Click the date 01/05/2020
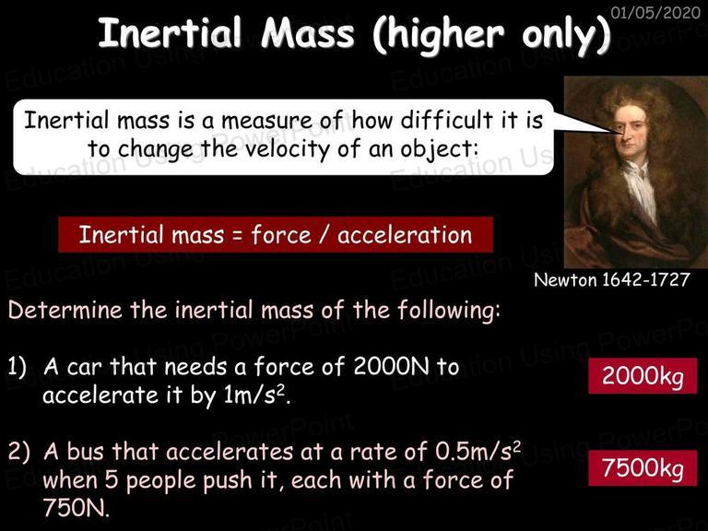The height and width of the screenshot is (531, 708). (655, 12)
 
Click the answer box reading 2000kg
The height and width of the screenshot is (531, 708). (643, 376)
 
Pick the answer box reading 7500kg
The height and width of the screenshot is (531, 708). (643, 467)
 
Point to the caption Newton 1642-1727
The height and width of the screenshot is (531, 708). (612, 280)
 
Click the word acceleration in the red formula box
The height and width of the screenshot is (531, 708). (405, 235)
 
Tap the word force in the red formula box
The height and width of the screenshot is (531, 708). (281, 235)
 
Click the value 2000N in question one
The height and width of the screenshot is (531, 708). (391, 366)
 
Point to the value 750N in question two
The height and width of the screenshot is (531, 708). (77, 508)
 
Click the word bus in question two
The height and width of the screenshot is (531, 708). (89, 451)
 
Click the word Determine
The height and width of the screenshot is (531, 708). (65, 311)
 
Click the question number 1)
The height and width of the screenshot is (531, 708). (18, 367)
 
